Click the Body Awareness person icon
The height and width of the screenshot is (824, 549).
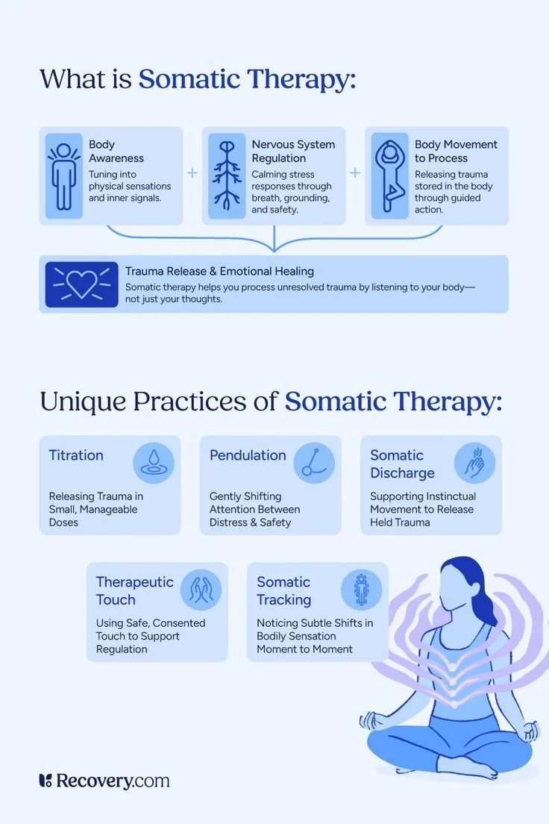coord(63,176)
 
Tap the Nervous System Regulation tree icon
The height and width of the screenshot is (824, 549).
coord(227,176)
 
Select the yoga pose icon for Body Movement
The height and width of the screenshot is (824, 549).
coord(389,176)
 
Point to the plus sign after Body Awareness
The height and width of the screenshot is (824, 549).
coord(192,172)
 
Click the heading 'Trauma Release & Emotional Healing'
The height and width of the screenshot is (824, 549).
coord(219,271)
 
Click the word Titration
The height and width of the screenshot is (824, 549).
coord(76,455)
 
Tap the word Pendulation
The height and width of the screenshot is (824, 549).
coord(248,455)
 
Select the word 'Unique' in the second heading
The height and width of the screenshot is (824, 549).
coord(82,401)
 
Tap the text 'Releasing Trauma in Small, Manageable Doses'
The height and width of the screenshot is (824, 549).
coord(96,509)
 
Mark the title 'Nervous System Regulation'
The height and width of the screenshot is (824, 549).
coord(293,151)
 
